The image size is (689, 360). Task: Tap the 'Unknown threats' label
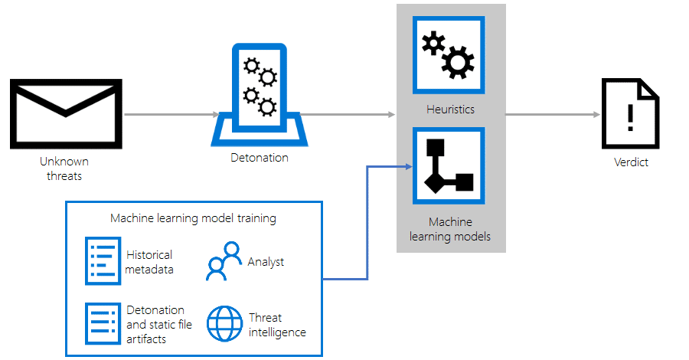pyautogui.click(x=64, y=169)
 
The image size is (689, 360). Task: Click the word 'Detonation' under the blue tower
pyautogui.click(x=260, y=158)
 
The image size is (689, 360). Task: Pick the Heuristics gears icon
pyautogui.click(x=449, y=55)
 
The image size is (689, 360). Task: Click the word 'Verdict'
pyautogui.click(x=631, y=162)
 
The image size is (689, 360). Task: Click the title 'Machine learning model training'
pyautogui.click(x=193, y=218)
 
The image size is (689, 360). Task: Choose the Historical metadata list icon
pyautogui.click(x=103, y=261)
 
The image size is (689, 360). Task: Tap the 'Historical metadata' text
pyautogui.click(x=149, y=262)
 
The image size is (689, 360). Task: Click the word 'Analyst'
pyautogui.click(x=266, y=262)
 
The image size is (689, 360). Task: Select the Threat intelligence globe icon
pyautogui.click(x=224, y=324)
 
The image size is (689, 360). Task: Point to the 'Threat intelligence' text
pyautogui.click(x=276, y=325)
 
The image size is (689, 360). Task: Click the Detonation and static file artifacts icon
pyautogui.click(x=103, y=324)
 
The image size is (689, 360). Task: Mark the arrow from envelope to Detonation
pyautogui.click(x=171, y=115)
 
